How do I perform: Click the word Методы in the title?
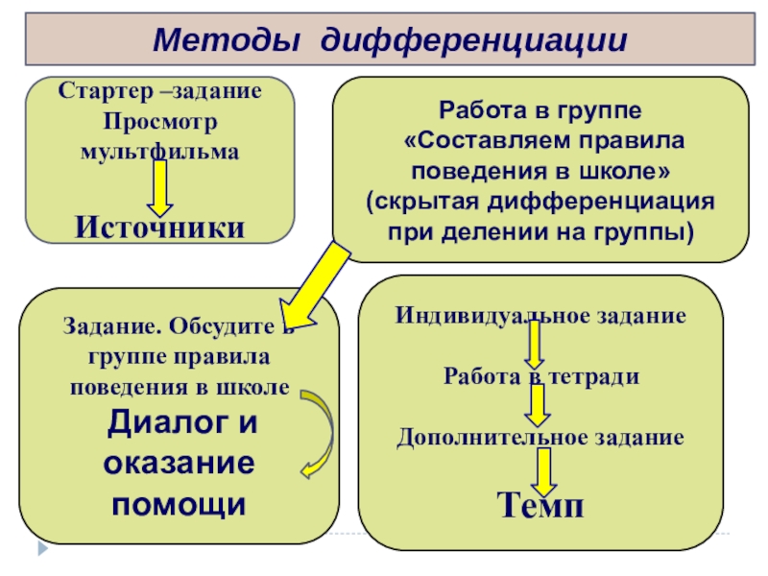pyautogui.click(x=226, y=41)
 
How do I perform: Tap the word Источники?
pyautogui.click(x=160, y=227)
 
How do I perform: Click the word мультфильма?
pyautogui.click(x=160, y=152)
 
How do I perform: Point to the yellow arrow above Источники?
pyautogui.click(x=160, y=187)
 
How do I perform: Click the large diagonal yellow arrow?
pyautogui.click(x=316, y=282)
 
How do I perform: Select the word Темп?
pyautogui.click(x=540, y=504)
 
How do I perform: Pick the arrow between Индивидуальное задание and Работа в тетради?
pyautogui.click(x=534, y=344)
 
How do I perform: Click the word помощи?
pyautogui.click(x=179, y=501)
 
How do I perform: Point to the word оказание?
pyautogui.click(x=179, y=462)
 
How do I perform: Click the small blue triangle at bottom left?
pyautogui.click(x=41, y=550)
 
